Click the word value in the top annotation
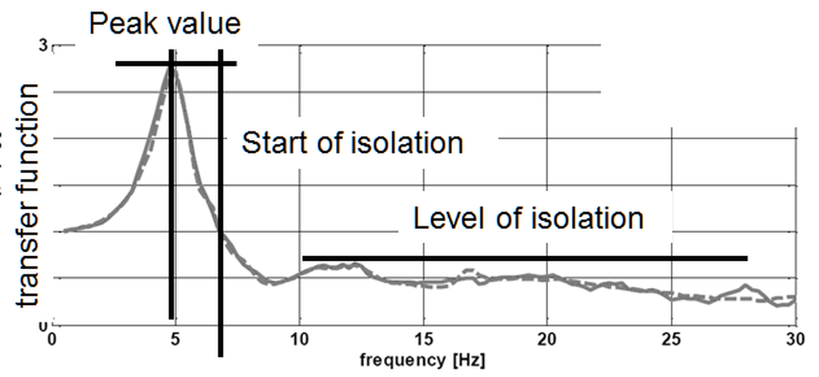coord(201,23)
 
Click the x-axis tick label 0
coord(53,339)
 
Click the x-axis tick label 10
coord(299,339)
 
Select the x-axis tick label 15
coord(423,339)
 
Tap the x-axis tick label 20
coord(547,339)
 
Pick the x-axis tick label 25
coord(671,339)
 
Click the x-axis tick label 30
coord(793,339)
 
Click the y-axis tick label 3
coord(43,47)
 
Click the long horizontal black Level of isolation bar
coord(524,259)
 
